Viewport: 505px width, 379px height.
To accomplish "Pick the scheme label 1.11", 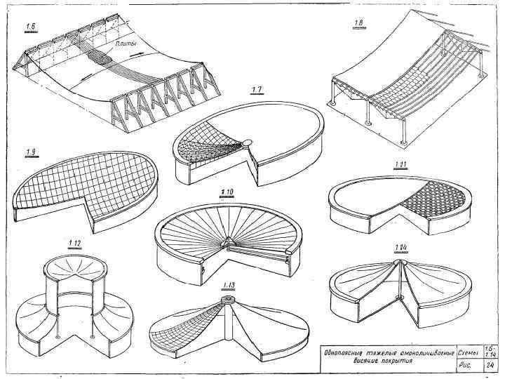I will pos(400,165).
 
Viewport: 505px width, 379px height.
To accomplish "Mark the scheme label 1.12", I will pos(75,244).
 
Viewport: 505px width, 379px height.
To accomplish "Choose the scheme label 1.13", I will pos(227,284).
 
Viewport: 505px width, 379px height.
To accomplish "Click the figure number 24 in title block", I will pos(488,365).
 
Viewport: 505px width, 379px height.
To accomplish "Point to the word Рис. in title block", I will pos(466,365).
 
